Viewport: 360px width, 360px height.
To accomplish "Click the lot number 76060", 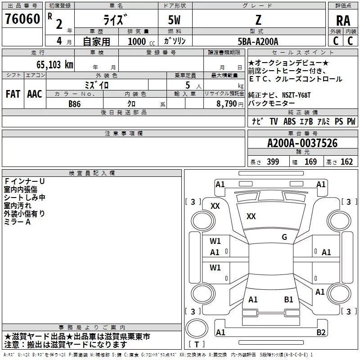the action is (22, 19).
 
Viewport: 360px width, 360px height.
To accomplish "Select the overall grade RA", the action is (343, 21).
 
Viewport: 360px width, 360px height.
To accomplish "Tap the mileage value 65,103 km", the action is (55, 65).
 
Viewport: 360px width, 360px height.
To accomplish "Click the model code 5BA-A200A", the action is (258, 41).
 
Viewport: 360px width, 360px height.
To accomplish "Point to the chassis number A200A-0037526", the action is (302, 143).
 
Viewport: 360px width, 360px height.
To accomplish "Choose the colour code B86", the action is (75, 104).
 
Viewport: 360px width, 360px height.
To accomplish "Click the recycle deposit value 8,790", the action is (226, 104).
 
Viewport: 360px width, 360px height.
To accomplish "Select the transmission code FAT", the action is (13, 94).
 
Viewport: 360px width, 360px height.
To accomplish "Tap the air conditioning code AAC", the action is (35, 94).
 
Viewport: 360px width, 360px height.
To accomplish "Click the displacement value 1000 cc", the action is (141, 41).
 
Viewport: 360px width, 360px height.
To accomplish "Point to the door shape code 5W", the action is (174, 20).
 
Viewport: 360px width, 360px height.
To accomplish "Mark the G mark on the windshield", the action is (284, 237).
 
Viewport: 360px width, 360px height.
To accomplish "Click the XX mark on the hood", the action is (251, 216).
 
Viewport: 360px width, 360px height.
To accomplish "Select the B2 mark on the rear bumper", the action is (321, 332).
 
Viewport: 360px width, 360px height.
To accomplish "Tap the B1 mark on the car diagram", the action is (288, 300).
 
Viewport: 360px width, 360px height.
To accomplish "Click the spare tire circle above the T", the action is (197, 328).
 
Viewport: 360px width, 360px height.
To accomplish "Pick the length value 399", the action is (273, 162).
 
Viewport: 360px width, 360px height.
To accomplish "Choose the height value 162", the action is (346, 162).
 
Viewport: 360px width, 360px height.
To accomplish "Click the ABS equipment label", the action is (289, 121).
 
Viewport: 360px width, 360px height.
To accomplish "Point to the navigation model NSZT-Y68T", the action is (296, 95).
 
